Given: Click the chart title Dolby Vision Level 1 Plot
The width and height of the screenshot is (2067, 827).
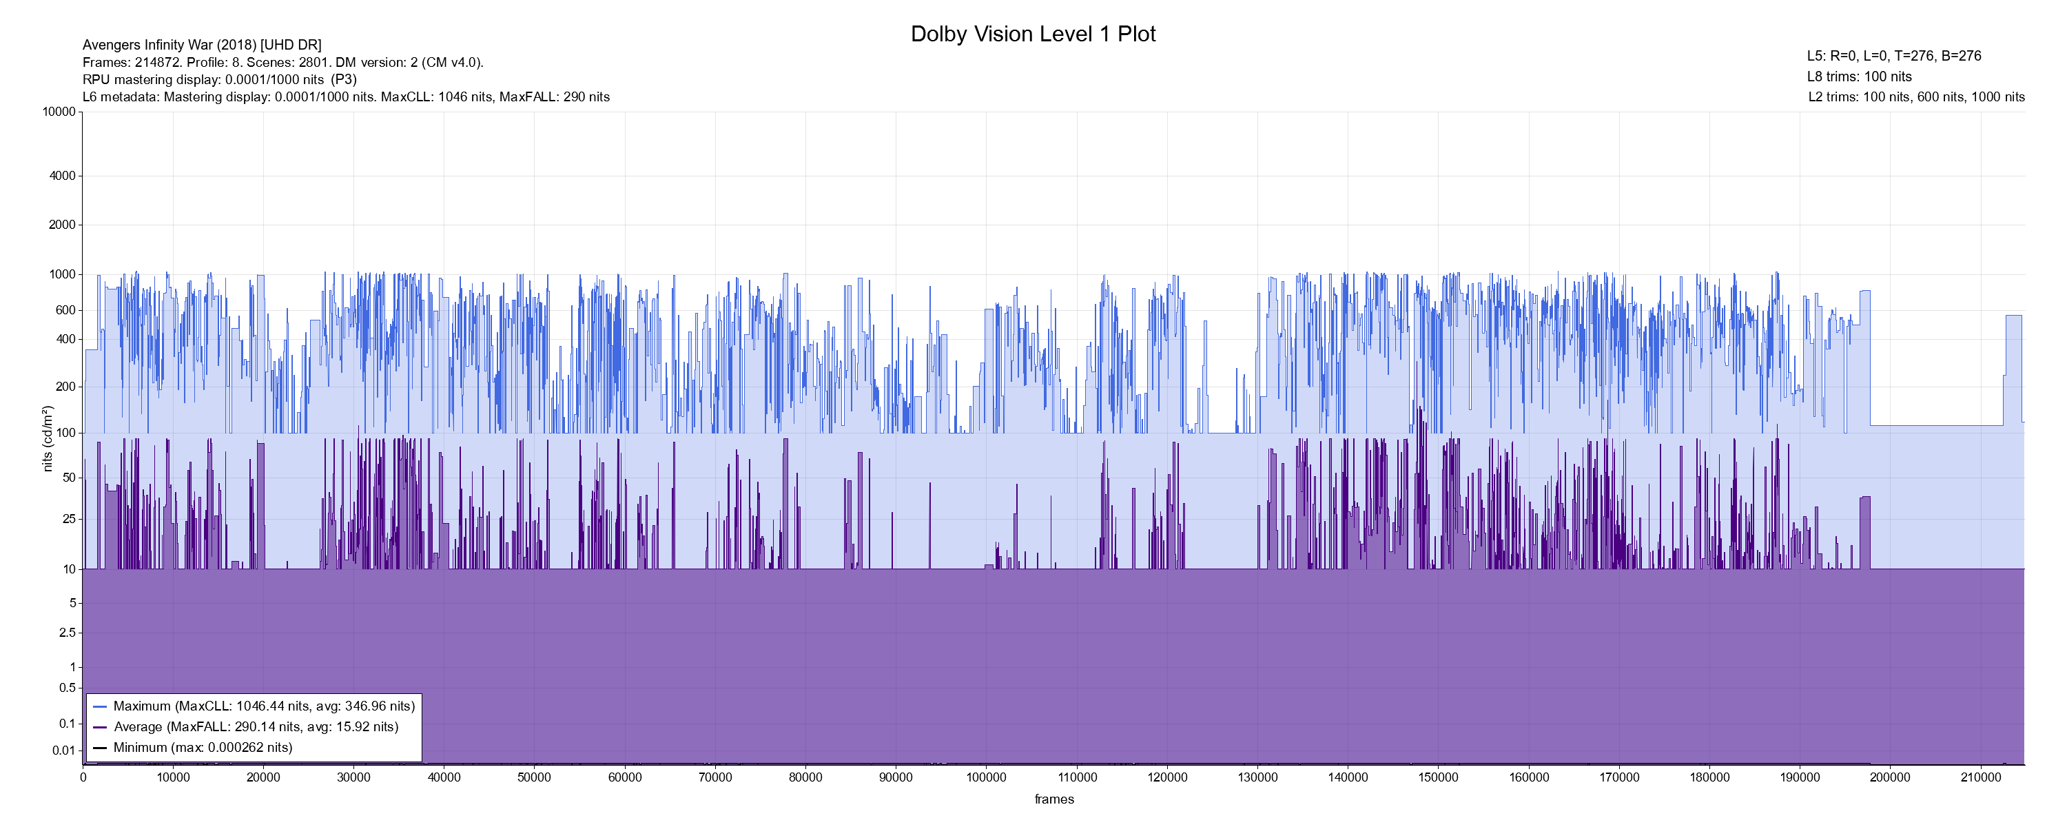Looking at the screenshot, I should (1033, 34).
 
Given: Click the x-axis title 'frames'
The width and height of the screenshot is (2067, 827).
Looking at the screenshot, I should (1053, 799).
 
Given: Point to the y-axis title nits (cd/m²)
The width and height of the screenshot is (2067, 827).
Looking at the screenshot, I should (48, 438).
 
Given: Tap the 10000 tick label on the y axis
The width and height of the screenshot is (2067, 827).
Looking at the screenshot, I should (59, 112).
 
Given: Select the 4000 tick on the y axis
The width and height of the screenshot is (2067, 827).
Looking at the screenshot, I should (63, 176).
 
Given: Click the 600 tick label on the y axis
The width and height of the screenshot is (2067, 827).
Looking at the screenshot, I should (65, 310).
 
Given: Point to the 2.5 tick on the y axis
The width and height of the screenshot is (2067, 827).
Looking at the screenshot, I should (68, 633).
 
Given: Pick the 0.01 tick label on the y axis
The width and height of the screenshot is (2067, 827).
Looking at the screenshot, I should (64, 751).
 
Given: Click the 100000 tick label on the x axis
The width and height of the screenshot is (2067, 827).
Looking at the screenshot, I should (986, 777).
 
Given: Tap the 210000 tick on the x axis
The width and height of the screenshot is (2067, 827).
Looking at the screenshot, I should (1980, 777).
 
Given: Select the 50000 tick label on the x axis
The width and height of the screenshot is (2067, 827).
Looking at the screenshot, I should (535, 777).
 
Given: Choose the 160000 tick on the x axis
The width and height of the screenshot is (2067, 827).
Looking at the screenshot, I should (1529, 777).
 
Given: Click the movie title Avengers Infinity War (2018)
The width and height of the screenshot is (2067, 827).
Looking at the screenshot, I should (201, 45).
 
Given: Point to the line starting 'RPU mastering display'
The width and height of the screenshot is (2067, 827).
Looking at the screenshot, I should (219, 79).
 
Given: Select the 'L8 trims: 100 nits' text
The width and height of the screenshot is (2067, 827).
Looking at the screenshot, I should (1859, 77).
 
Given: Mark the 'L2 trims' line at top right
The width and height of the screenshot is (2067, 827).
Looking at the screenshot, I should (1916, 97).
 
